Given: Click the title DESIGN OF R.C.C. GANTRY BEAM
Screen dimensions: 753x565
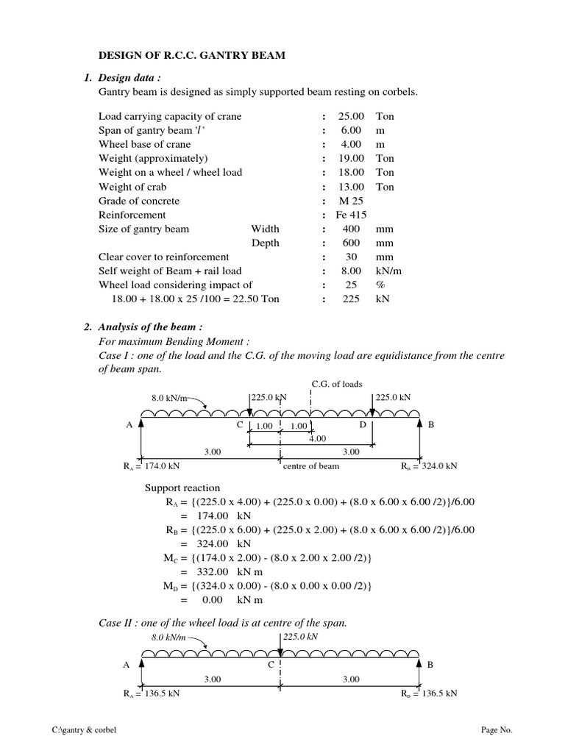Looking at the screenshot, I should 193,56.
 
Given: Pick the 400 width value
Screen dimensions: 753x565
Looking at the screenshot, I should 351,229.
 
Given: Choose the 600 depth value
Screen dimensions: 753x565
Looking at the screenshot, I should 351,243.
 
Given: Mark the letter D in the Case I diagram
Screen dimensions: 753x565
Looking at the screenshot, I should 362,424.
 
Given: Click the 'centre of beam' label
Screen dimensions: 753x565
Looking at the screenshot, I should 312,466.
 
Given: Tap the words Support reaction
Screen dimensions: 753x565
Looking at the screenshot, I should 182,488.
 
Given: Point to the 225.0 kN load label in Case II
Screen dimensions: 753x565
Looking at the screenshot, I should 302,638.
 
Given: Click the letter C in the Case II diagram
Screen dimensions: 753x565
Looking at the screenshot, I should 270,664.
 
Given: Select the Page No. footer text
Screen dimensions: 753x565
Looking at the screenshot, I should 497,729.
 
